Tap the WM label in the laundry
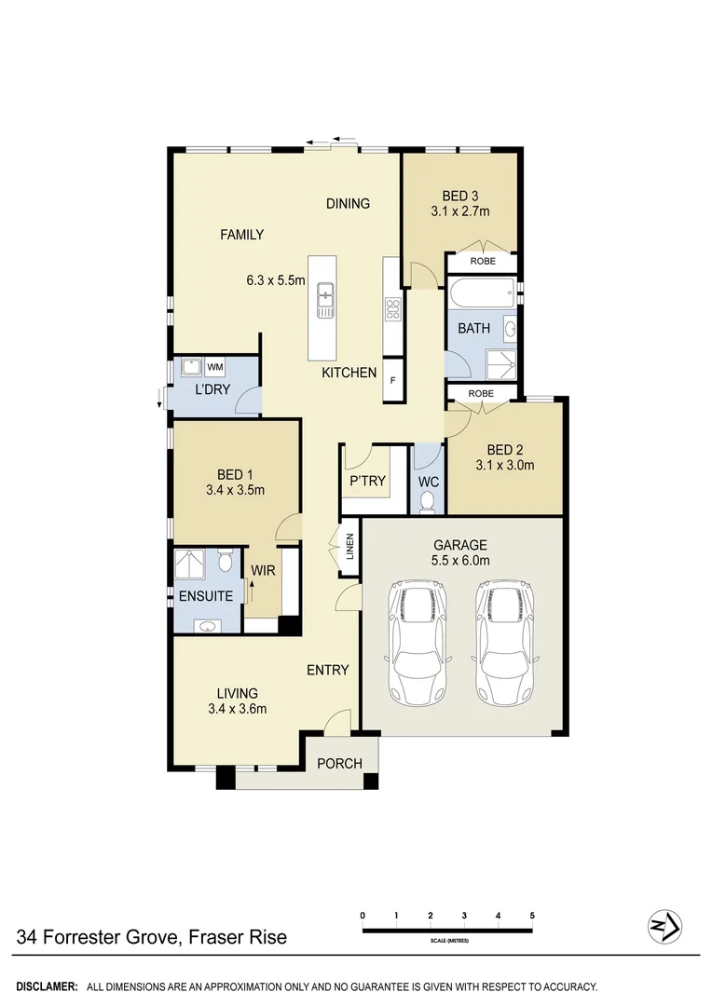(215, 368)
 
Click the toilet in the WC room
(428, 502)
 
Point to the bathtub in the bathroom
(481, 295)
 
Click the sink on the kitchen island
(325, 300)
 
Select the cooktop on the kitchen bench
(392, 307)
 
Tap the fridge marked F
(392, 381)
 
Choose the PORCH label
(339, 764)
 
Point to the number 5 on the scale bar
(532, 916)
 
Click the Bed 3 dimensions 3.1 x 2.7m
(460, 211)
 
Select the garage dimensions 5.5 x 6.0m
(460, 560)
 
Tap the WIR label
(264, 570)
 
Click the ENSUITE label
(207, 596)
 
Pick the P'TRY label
(363, 482)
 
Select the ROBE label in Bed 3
(482, 261)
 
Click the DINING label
(348, 203)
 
